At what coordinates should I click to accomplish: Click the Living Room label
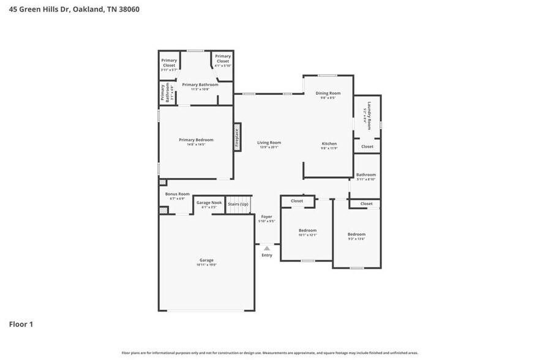tap(269, 143)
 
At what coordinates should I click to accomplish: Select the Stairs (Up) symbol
tap(238, 208)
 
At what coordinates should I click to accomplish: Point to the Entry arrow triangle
tap(266, 248)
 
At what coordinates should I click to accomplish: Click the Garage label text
tap(206, 260)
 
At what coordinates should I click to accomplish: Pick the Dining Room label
tap(328, 93)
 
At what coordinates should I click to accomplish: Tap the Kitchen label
tap(329, 144)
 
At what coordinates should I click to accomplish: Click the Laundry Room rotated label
tap(368, 115)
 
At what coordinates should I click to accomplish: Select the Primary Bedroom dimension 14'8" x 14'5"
tap(196, 145)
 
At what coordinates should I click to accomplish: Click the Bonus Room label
tap(178, 194)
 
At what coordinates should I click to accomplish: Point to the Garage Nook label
tap(209, 203)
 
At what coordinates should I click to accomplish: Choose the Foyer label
tap(266, 217)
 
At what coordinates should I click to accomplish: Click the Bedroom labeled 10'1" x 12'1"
tap(307, 231)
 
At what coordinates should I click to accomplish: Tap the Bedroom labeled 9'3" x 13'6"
tap(356, 234)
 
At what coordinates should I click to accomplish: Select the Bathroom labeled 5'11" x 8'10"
tap(366, 174)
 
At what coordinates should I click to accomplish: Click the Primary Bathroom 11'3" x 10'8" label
tap(195, 84)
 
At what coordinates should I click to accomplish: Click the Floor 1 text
tap(21, 324)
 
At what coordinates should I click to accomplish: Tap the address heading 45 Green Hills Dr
tap(74, 9)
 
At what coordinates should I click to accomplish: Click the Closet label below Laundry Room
tap(367, 147)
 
